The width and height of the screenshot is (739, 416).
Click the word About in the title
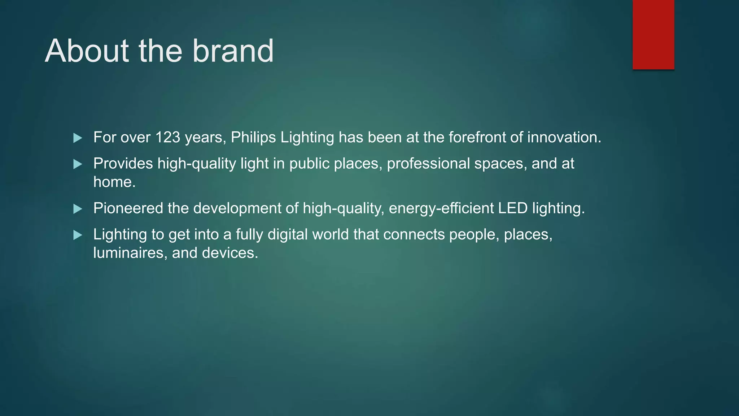(87, 51)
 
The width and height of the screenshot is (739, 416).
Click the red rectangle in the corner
(653, 34)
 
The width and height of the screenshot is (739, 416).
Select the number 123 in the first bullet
(168, 138)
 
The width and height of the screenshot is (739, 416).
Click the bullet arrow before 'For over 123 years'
(78, 138)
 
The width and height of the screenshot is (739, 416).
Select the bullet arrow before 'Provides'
(78, 164)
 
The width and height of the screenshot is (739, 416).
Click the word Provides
(123, 164)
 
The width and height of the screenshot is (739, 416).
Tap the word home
(114, 182)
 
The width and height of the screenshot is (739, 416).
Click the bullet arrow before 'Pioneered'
(78, 209)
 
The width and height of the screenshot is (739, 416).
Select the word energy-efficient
(441, 208)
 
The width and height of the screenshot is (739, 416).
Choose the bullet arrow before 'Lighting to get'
(78, 235)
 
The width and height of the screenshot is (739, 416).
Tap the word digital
(288, 235)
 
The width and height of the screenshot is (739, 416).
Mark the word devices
(230, 253)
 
